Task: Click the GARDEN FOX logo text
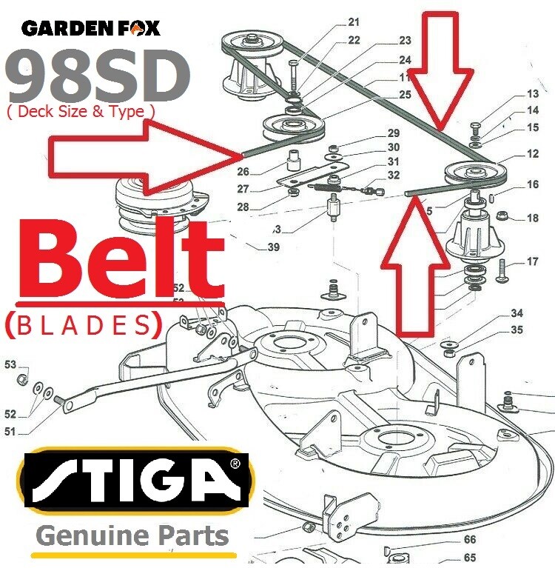point(91,28)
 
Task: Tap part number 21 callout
point(354,21)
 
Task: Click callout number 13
point(533,94)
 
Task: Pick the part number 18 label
point(533,218)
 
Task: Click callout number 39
point(274,247)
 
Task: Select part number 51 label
point(10,430)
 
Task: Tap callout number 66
point(470,540)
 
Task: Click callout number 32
point(394,176)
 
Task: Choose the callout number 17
point(533,261)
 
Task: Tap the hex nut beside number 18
point(501,217)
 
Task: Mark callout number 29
point(394,133)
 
